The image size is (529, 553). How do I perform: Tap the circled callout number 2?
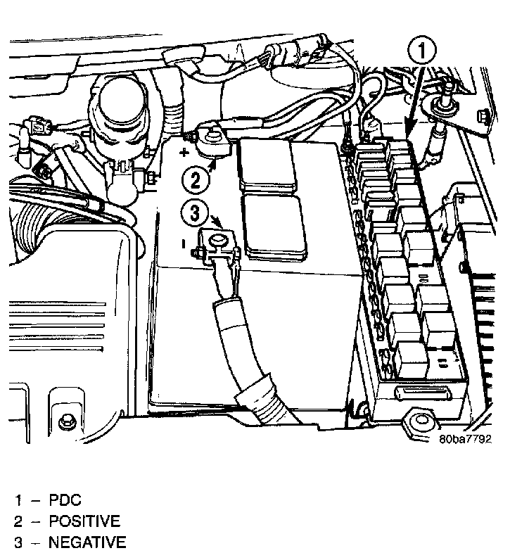click(196, 179)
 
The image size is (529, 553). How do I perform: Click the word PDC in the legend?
click(65, 501)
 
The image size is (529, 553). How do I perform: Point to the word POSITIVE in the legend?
click(84, 521)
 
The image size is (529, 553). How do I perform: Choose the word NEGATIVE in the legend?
click(87, 542)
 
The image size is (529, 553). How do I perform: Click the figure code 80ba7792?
click(465, 439)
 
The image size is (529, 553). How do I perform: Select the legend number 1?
click(19, 501)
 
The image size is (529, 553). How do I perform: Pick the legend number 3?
click(20, 542)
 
